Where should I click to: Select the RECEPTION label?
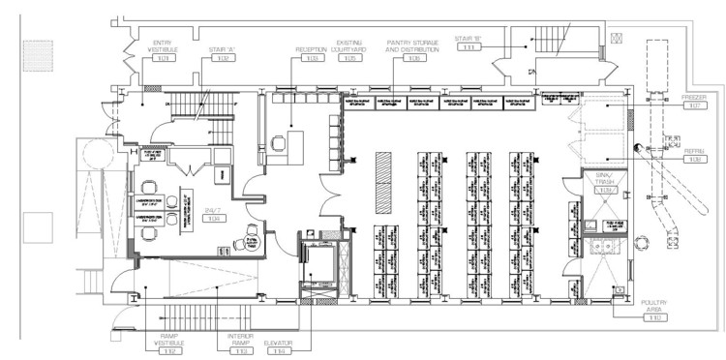coord(311,45)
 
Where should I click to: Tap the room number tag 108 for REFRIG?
coord(694,160)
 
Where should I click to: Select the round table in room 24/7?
coord(159,202)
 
